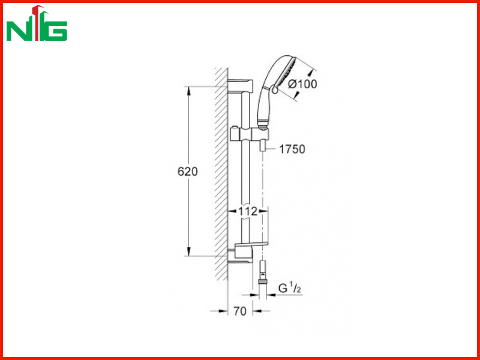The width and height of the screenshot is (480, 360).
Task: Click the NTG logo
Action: [x=37, y=23]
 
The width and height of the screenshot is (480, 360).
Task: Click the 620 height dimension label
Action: [x=188, y=172]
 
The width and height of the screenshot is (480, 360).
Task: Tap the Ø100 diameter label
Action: [x=303, y=84]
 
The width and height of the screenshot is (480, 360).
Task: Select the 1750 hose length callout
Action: [x=292, y=149]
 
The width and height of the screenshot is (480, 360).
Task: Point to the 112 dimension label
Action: [x=248, y=211]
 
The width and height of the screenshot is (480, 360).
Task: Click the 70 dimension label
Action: [x=240, y=311]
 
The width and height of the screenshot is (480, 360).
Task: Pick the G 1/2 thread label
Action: [x=289, y=289]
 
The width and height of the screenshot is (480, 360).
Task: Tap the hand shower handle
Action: [x=263, y=107]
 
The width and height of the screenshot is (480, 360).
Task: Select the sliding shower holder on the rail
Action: [x=250, y=133]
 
